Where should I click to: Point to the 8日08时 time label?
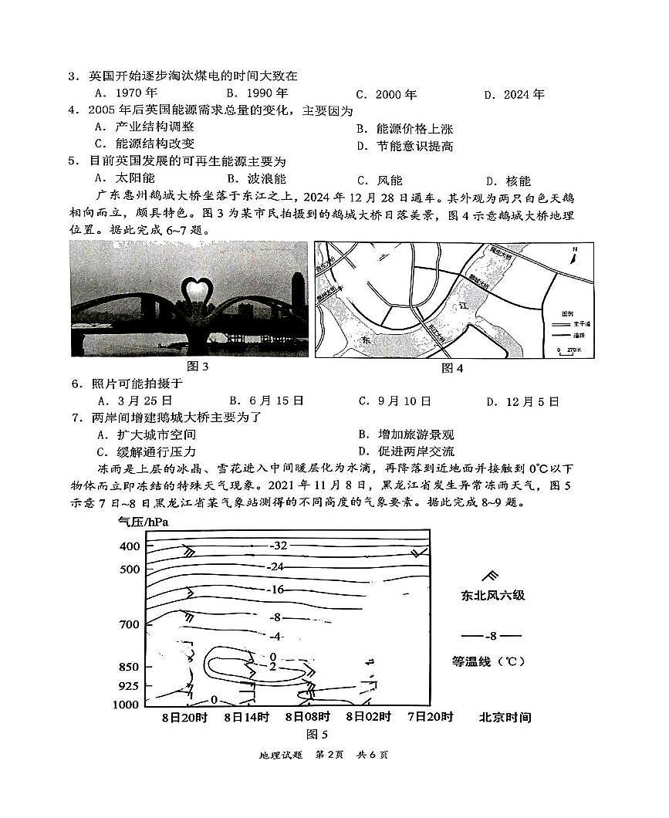pos(307,717)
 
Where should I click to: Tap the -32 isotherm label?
pos(278,546)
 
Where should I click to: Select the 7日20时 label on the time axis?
pos(430,717)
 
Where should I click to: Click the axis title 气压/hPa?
pos(143,522)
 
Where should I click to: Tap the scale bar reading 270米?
pos(570,350)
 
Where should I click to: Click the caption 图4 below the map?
pos(452,368)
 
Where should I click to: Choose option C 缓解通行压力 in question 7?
pos(145,451)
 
